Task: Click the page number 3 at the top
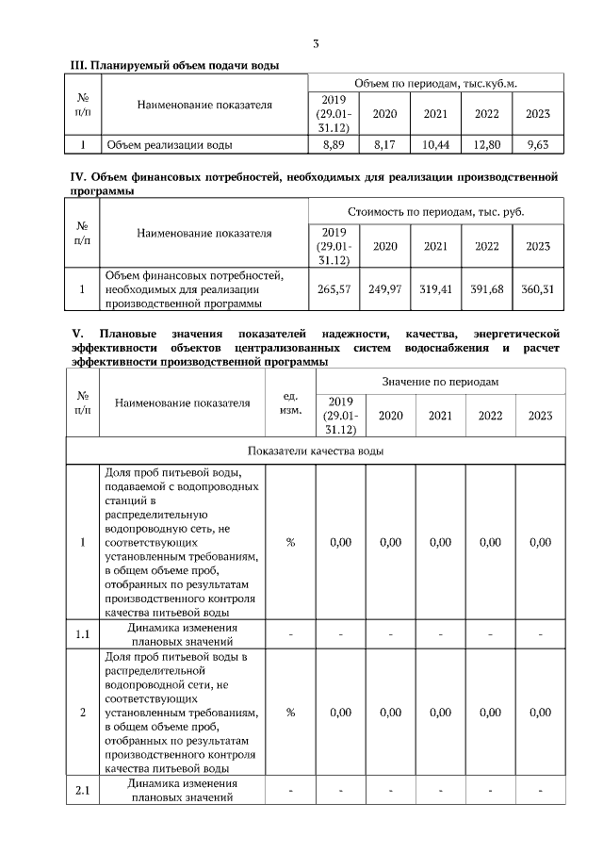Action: (x=317, y=43)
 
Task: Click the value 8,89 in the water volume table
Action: (x=334, y=145)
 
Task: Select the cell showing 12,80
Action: (x=486, y=145)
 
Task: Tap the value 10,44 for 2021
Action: (x=435, y=145)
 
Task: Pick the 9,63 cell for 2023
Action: (x=538, y=145)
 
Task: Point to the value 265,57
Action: (x=334, y=289)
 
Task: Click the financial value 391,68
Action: (x=486, y=289)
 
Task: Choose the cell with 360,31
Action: (x=537, y=289)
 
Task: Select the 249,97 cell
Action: (x=384, y=289)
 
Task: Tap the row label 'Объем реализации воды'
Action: (x=170, y=145)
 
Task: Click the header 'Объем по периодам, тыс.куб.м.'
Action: (x=435, y=83)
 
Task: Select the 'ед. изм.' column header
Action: (x=291, y=402)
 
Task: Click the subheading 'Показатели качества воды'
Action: (x=316, y=451)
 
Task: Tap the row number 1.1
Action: (x=82, y=634)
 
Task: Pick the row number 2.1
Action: (x=82, y=790)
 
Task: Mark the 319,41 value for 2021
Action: (x=435, y=289)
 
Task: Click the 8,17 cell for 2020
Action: (x=384, y=145)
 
